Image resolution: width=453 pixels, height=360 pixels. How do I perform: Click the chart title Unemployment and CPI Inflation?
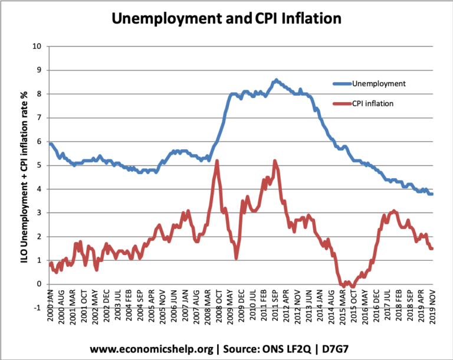pyautogui.click(x=226, y=19)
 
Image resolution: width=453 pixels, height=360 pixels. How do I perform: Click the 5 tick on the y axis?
pyautogui.click(x=39, y=165)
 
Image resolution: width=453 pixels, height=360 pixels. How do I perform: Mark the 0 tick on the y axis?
pyautogui.click(x=39, y=284)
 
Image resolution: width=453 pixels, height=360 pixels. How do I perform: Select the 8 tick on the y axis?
pyautogui.click(x=39, y=94)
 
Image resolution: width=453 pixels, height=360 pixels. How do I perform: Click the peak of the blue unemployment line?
pyautogui.click(x=275, y=80)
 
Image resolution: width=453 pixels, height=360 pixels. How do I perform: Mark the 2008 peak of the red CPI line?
pyautogui.click(x=218, y=161)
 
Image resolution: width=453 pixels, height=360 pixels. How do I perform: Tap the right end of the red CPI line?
pyautogui.click(x=432, y=248)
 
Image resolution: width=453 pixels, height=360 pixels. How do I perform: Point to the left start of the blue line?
pyautogui.click(x=50, y=143)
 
